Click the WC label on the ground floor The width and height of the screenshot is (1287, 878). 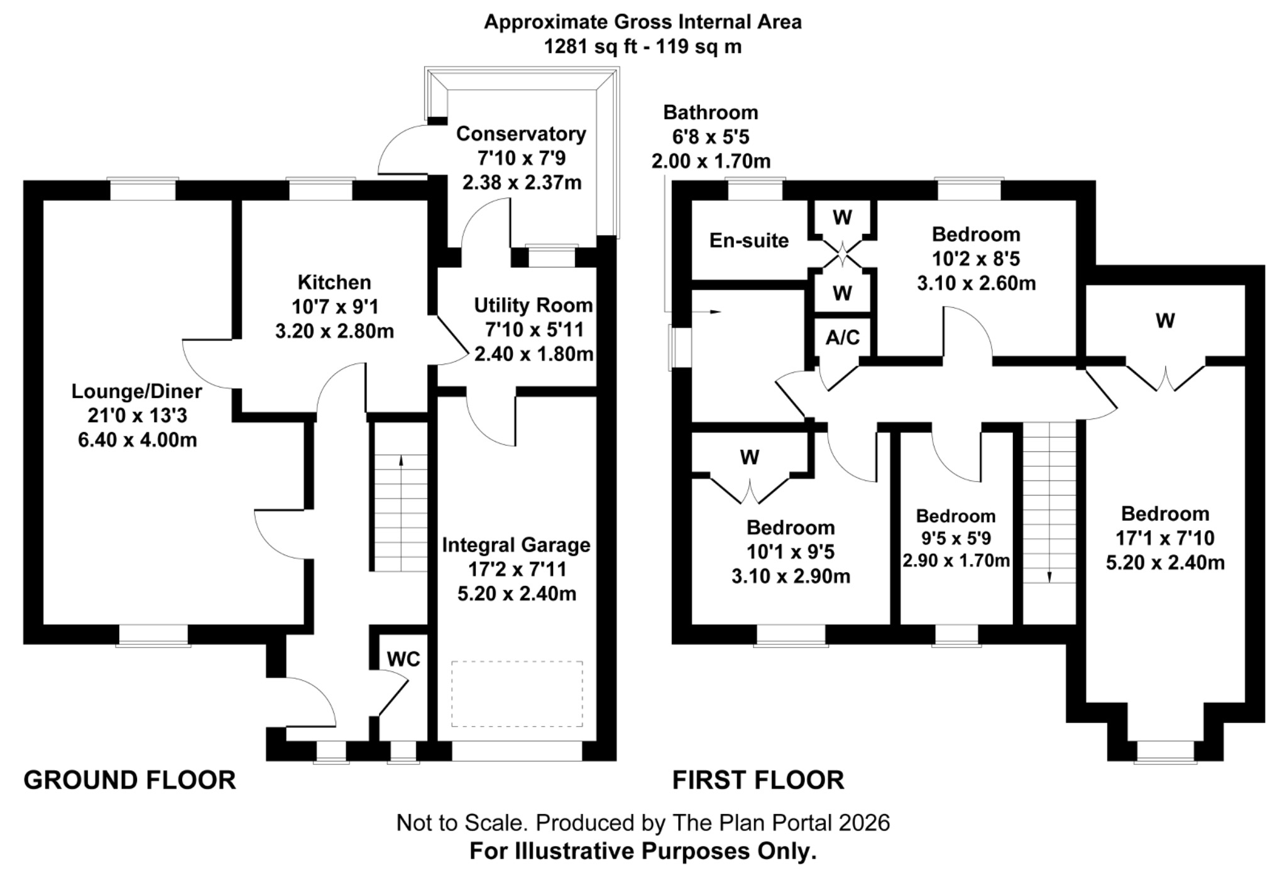coord(403,659)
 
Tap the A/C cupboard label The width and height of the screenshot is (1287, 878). coord(842,337)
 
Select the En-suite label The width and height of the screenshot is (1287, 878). coord(748,241)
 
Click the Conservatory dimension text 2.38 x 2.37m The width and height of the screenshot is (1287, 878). coord(522,183)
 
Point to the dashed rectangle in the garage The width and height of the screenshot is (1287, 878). coord(517,693)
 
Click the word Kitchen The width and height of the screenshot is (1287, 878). coord(334,282)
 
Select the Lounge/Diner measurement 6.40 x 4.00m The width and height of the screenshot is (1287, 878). coord(137,440)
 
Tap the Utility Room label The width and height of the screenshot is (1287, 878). coord(533,305)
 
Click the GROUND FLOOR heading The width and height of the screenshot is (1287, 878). coord(129,780)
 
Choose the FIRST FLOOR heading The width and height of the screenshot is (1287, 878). coord(758,780)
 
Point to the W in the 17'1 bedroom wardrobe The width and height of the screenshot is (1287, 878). coord(1164,321)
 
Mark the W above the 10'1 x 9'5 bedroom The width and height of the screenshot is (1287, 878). coord(749,457)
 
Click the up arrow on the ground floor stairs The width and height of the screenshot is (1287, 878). coord(401,461)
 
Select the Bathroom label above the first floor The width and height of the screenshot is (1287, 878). coord(711,112)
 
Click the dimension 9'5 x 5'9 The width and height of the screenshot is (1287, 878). coord(956,538)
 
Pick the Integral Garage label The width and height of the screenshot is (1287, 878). coord(516,545)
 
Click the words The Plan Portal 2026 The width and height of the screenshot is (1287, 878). coord(781,823)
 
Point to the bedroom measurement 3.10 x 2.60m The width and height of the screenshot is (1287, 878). coord(976,283)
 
